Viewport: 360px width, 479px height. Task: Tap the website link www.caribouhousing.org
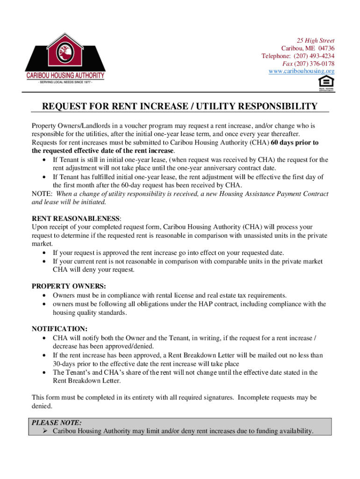point(302,71)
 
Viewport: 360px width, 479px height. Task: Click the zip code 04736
point(326,49)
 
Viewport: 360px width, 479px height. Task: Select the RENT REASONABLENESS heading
point(76,218)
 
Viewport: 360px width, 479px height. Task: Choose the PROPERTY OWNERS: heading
point(69,286)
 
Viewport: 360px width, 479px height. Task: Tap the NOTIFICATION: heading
point(59,328)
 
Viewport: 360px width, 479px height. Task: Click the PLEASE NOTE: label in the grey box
point(57,422)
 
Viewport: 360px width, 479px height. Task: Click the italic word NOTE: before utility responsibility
point(42,194)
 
